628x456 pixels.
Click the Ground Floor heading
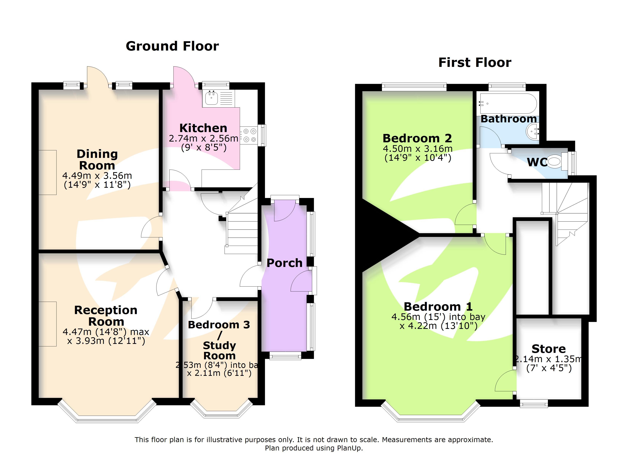172,46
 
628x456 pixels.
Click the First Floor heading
475,63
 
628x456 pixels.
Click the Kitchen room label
203,128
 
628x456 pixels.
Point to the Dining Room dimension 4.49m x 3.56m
97,176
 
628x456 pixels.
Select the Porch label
284,263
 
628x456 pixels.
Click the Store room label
548,349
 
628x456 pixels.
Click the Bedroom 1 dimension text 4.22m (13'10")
438,326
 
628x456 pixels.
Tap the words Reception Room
106,316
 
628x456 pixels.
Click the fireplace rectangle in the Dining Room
48,173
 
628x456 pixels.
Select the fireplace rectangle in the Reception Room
48,324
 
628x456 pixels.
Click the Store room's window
534,404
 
